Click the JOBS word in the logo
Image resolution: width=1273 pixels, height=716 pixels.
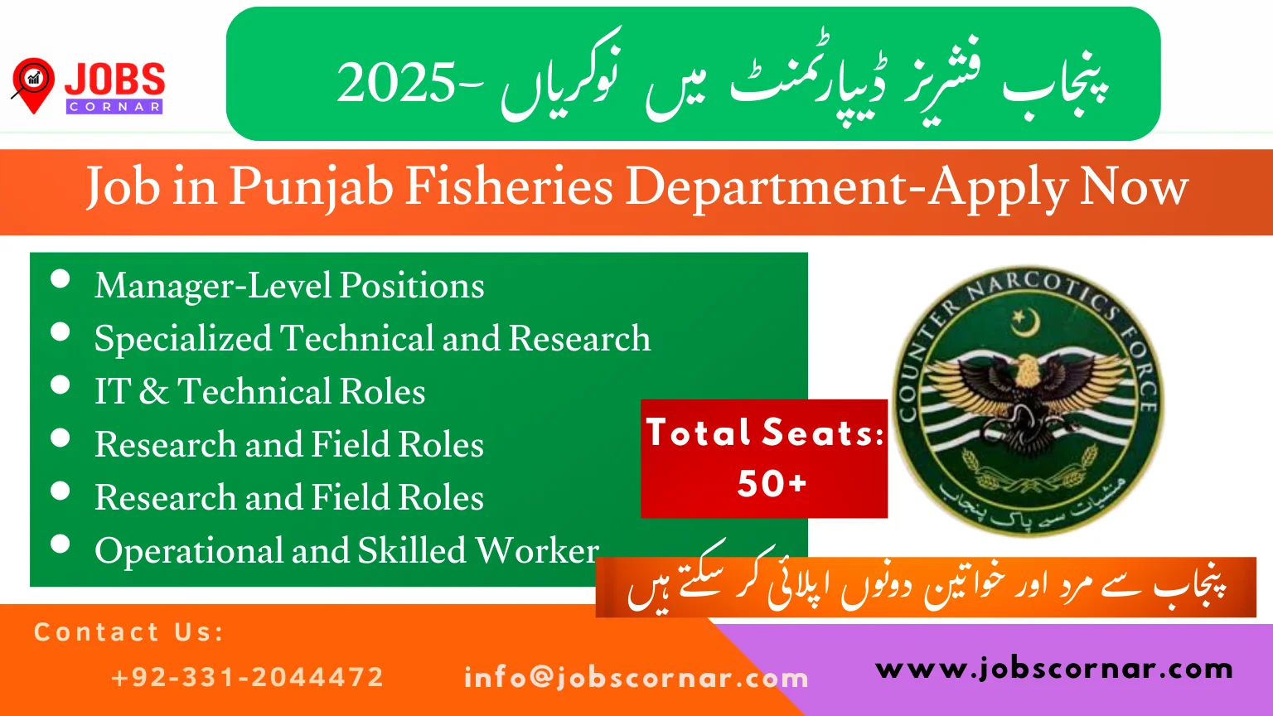pyautogui.click(x=114, y=80)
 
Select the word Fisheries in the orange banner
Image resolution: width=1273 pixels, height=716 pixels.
pyautogui.click(x=509, y=186)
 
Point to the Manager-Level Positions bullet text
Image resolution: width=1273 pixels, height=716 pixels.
pyautogui.click(x=289, y=286)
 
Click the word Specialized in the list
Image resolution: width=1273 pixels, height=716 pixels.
pyautogui.click(x=183, y=339)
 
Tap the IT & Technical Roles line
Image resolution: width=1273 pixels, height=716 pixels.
pyautogui.click(x=259, y=392)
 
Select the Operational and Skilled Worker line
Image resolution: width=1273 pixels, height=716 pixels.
pyautogui.click(x=346, y=550)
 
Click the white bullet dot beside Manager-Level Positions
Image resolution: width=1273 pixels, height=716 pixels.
pyautogui.click(x=60, y=278)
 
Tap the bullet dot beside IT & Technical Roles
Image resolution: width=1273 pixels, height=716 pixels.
pyautogui.click(x=60, y=385)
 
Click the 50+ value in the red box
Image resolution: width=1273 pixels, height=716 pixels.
pyautogui.click(x=772, y=483)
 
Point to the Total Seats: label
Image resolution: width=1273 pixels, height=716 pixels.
pyautogui.click(x=765, y=433)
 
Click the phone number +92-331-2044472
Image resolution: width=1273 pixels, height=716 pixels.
pyautogui.click(x=247, y=677)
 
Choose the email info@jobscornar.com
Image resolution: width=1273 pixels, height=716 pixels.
pyautogui.click(x=636, y=678)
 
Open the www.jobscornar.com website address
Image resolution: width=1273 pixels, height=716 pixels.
pyautogui.click(x=1054, y=668)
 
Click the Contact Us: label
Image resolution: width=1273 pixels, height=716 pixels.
pyautogui.click(x=129, y=632)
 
